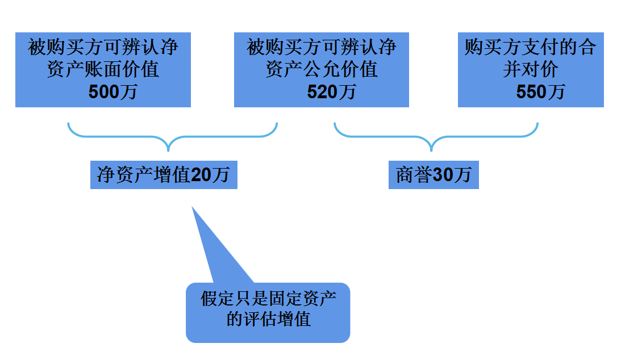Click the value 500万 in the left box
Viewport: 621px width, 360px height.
112,91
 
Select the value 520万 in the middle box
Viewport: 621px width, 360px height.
331,91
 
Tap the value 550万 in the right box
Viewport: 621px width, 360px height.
540,91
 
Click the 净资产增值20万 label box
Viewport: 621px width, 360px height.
164,175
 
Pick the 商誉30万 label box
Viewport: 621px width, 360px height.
434,175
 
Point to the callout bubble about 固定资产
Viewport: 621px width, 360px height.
268,312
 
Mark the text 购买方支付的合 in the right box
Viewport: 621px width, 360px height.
530,47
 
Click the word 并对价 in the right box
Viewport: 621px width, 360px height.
530,69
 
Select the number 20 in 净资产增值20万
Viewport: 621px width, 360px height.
201,175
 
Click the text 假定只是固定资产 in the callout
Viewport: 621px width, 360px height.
268,299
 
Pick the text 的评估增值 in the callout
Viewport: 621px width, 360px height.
268,319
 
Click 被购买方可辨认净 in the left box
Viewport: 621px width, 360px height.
103,47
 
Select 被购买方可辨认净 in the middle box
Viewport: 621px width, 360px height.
322,47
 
